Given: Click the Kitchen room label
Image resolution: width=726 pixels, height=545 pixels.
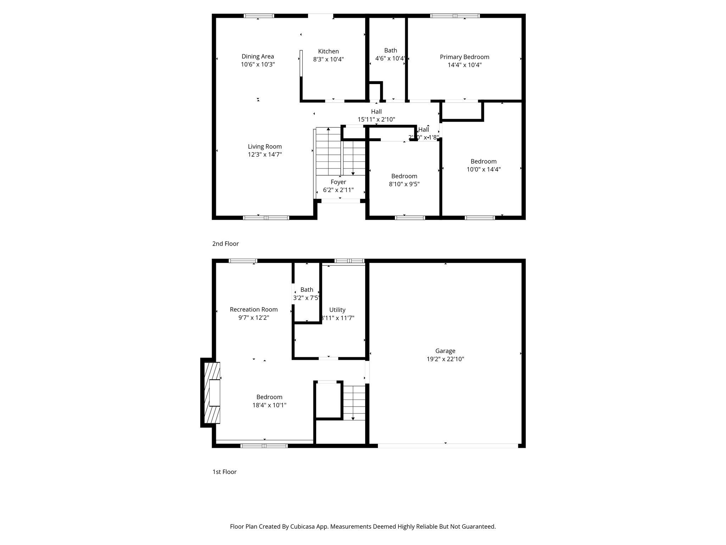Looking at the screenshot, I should click(x=328, y=51).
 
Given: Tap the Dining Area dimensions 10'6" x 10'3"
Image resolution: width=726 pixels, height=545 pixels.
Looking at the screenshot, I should click(x=258, y=65).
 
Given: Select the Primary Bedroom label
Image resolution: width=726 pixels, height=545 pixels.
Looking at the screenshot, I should click(x=464, y=57).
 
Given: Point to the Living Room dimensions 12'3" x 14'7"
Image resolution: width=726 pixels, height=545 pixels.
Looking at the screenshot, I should click(x=265, y=155).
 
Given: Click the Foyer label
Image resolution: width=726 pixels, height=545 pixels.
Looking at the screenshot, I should click(x=338, y=182).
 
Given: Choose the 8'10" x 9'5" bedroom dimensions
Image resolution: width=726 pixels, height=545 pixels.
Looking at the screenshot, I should click(x=404, y=184).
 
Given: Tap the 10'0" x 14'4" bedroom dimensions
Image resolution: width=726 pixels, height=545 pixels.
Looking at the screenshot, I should click(x=484, y=170).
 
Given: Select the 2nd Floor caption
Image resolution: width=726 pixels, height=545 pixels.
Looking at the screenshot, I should click(x=225, y=244).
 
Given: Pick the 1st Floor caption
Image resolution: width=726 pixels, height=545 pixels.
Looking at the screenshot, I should click(x=224, y=472).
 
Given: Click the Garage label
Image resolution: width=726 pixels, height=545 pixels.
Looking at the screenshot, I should click(x=445, y=351).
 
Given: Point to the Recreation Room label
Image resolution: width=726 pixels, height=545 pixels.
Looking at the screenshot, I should click(x=253, y=309).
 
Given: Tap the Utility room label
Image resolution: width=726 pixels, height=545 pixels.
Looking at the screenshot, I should click(x=337, y=310).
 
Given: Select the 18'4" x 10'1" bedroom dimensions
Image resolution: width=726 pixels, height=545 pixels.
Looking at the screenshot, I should click(x=269, y=405).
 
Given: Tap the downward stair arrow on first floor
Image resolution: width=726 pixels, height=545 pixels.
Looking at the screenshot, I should click(x=353, y=417).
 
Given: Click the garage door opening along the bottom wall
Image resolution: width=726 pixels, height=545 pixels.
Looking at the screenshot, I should click(x=447, y=446).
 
